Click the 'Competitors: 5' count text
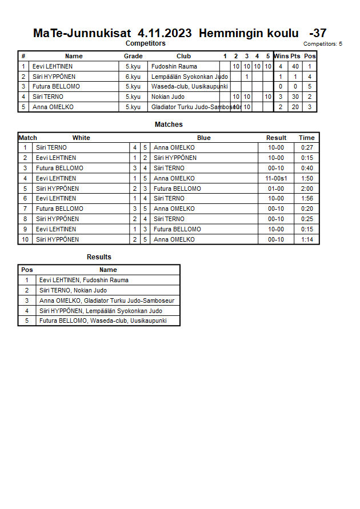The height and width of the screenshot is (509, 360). click(322, 44)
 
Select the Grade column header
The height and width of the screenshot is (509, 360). click(133, 56)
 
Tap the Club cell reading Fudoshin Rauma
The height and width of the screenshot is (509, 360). click(174, 66)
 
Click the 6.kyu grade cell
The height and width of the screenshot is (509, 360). click(133, 77)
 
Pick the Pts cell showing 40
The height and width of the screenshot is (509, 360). click(295, 66)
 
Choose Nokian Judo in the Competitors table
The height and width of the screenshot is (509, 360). click(168, 97)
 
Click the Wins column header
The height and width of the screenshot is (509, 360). click(281, 56)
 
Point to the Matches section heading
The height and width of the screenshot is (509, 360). click(169, 125)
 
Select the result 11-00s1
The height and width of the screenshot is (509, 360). click(276, 178)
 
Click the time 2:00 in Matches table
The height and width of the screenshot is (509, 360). click(307, 189)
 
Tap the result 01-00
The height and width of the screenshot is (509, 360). click(276, 189)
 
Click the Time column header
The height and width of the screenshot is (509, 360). click(307, 138)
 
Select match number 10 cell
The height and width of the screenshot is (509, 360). click(25, 239)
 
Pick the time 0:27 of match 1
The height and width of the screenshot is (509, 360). click(307, 147)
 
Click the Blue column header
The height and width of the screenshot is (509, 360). click(204, 138)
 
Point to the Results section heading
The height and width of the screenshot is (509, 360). click(99, 257)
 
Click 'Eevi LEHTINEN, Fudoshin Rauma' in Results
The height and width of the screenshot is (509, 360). click(84, 280)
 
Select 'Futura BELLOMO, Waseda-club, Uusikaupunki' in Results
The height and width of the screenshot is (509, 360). click(103, 321)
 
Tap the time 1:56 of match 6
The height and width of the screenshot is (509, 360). click(307, 198)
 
